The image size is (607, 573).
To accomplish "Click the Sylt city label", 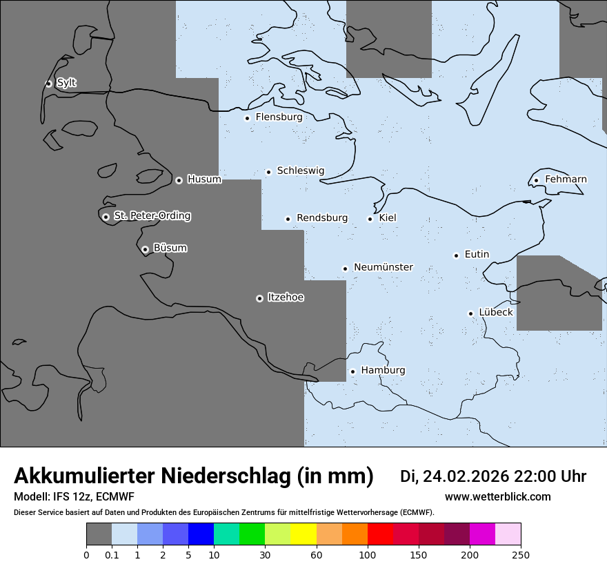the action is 66,83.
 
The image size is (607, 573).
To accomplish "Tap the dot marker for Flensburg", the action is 247,118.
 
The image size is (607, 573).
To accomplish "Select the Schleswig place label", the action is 300,171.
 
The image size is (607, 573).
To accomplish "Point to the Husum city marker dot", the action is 179,180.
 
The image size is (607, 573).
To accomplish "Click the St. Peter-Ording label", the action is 152,216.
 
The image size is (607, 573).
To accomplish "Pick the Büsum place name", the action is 170,248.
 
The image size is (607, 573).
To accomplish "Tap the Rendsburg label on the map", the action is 322,218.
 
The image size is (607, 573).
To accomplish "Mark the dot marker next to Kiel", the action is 370,219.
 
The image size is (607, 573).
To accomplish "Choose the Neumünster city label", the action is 384,267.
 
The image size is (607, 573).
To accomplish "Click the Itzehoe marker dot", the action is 259,298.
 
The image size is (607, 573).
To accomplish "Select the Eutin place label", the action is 477,255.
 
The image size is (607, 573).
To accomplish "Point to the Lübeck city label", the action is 495,312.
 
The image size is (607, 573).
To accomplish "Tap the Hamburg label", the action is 383,370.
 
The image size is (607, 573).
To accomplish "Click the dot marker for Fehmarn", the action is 536,181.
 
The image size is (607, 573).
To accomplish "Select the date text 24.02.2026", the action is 466,476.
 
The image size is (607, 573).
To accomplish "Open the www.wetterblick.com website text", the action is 497,497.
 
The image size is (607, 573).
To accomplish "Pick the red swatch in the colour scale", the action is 380,534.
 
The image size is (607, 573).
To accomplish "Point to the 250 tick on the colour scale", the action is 521,554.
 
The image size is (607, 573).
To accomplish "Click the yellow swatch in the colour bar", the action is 303,534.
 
